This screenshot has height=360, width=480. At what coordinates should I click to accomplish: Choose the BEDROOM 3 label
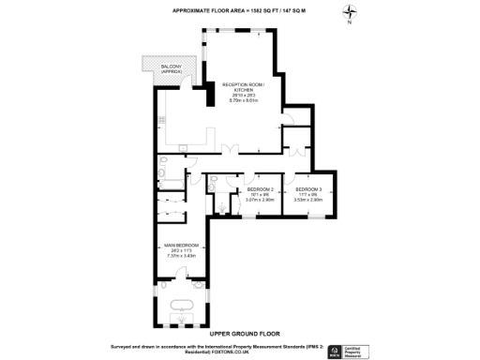tap(307, 188)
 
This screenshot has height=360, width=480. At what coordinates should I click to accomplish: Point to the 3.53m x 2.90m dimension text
tap(307, 199)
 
